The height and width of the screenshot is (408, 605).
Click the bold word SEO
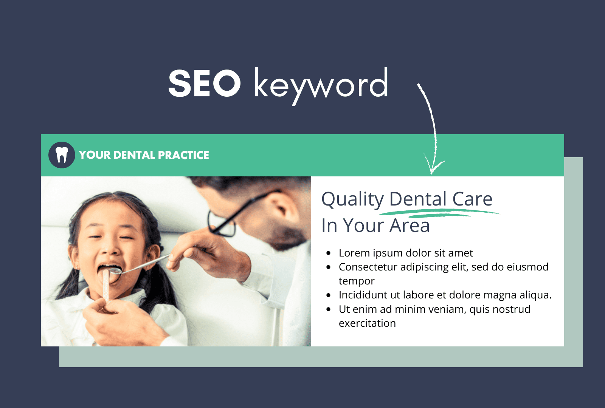click(x=204, y=84)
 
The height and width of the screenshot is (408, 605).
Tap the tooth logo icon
click(x=62, y=155)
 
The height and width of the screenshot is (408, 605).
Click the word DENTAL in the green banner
click(x=134, y=155)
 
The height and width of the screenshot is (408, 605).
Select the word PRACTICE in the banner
click(x=183, y=155)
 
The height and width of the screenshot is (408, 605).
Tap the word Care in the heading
click(x=472, y=199)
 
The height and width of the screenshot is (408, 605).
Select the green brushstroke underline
click(x=439, y=214)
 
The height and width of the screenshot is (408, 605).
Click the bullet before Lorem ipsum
click(x=329, y=253)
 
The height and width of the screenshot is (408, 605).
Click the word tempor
click(x=356, y=281)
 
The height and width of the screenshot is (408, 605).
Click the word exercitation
click(x=367, y=323)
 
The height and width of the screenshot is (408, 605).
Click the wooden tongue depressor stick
click(x=106, y=287)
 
